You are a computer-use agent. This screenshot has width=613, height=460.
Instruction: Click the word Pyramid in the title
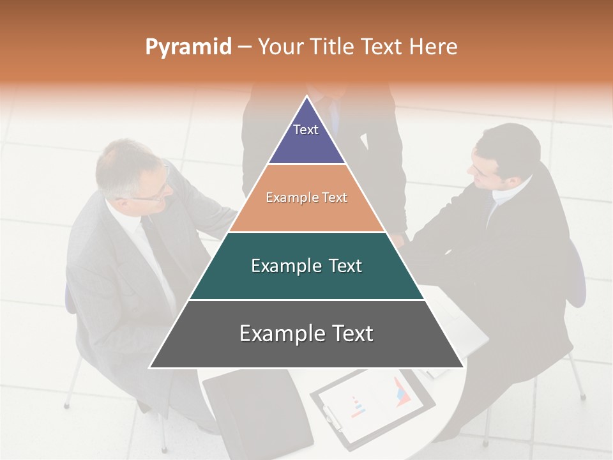pos(188,47)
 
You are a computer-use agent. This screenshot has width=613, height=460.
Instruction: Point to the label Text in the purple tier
pos(306,130)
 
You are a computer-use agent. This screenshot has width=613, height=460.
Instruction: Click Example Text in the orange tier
pos(306,197)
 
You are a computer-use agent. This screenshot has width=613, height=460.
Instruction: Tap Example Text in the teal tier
pos(306,266)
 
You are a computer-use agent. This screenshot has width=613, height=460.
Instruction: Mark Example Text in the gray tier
pos(306,333)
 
